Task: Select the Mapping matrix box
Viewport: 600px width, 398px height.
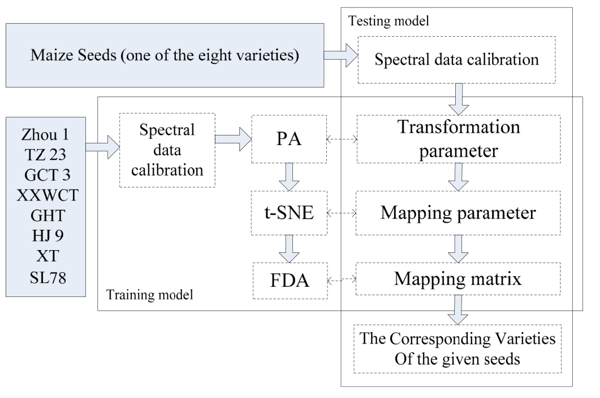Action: tap(459, 278)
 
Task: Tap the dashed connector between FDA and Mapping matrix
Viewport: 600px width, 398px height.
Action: tap(342, 279)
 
